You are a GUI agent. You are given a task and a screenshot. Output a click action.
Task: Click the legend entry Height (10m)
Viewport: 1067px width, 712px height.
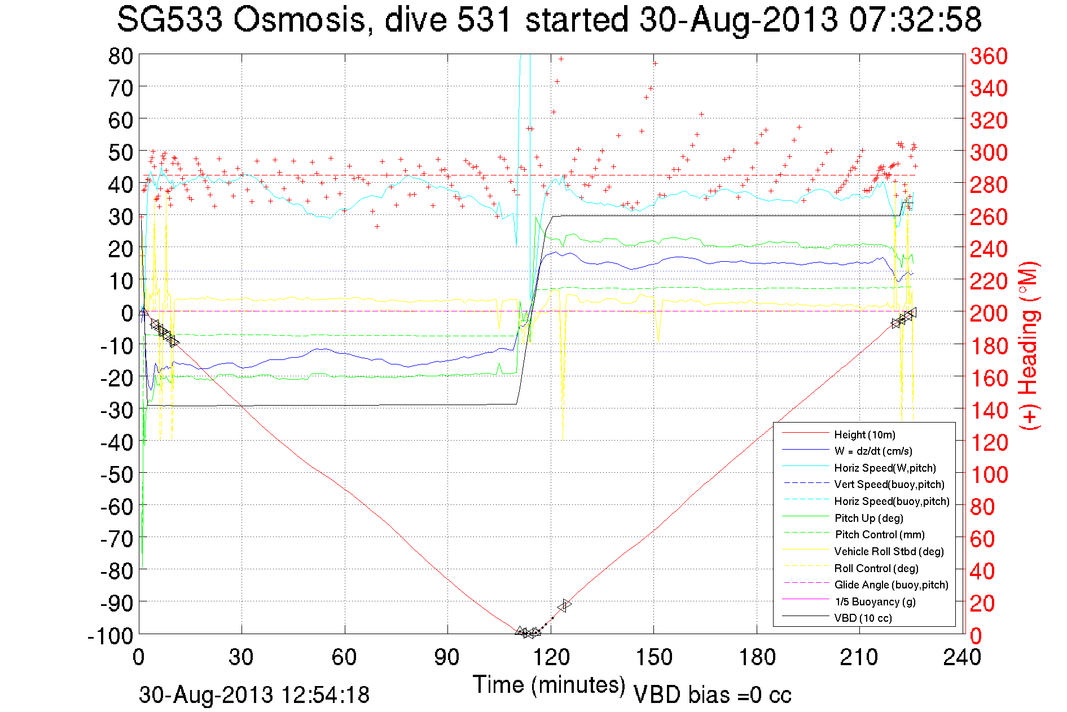864,434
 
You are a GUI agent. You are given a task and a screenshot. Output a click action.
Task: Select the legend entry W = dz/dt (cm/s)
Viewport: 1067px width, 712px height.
873,451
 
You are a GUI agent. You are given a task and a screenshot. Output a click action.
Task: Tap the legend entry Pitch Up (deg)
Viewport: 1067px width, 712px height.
868,518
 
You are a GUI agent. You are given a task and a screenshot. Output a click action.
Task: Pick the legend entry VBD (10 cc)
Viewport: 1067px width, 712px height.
863,618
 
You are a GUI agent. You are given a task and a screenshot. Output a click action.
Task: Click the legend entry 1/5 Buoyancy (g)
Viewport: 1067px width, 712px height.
875,601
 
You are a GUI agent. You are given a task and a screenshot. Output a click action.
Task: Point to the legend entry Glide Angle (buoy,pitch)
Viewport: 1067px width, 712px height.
891,585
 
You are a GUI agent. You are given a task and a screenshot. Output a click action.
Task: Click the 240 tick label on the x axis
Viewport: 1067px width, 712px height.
962,657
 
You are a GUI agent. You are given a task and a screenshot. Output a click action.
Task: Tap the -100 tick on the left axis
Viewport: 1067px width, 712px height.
111,636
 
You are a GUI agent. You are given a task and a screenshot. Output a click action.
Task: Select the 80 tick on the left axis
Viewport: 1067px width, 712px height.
120,56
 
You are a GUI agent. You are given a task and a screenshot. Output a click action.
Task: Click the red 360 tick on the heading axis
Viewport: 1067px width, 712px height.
989,56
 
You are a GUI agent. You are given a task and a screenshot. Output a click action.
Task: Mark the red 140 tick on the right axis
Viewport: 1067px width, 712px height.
989,410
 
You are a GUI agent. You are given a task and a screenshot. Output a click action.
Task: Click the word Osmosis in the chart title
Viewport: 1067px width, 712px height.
300,20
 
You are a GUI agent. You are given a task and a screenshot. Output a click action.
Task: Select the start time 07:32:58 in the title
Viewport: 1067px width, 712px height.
915,20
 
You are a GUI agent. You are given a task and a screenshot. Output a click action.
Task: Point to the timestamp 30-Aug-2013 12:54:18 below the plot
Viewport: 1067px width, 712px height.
254,695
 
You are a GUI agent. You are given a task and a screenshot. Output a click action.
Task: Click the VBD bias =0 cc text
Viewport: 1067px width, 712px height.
712,695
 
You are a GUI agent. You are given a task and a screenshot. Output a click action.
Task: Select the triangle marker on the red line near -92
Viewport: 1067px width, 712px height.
564,606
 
